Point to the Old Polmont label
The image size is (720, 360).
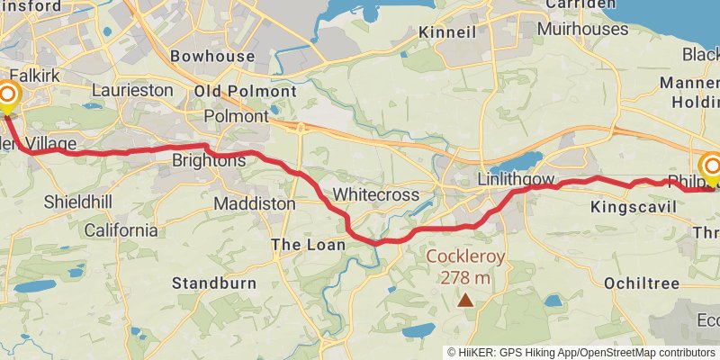(246, 91)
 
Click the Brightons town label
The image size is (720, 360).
(209, 160)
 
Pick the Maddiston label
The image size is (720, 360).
(255, 204)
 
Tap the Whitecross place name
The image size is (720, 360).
(376, 193)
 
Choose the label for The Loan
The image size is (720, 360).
(304, 245)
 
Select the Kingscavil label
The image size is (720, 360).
(633, 207)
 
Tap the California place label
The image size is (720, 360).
(121, 229)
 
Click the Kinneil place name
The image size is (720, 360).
(447, 33)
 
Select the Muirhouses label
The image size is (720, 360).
(582, 29)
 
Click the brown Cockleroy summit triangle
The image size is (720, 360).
(465, 301)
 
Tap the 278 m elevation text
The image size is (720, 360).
(465, 277)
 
